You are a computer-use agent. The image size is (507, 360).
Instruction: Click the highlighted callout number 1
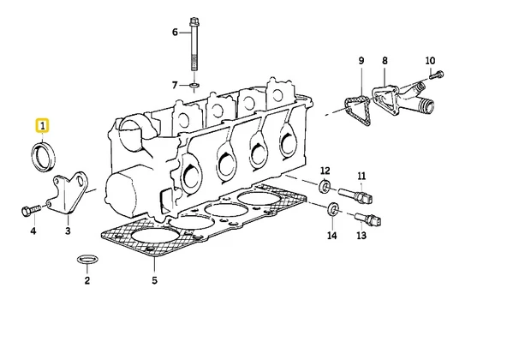(x=42, y=126)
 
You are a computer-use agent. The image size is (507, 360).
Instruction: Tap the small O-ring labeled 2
(x=87, y=259)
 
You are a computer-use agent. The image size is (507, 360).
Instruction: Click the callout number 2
(x=87, y=280)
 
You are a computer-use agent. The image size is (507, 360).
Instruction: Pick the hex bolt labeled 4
(x=31, y=210)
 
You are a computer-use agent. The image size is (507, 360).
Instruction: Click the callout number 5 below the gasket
(x=154, y=280)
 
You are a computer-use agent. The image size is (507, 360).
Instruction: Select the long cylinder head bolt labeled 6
(x=194, y=45)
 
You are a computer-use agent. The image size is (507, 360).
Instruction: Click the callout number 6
(x=175, y=32)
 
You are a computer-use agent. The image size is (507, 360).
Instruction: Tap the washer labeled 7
(x=194, y=86)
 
